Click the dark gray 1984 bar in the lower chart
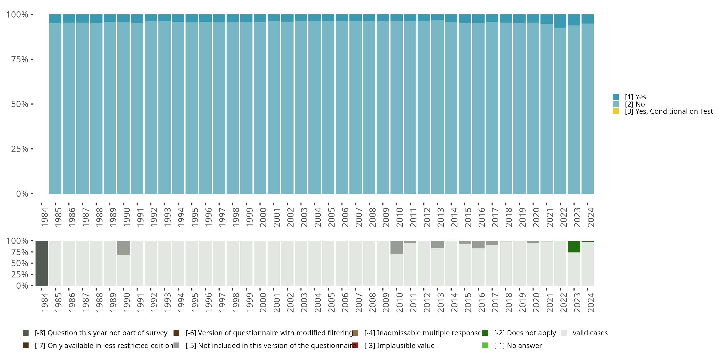click(x=42, y=263)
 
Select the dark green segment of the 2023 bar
click(x=574, y=246)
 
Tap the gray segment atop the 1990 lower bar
click(x=123, y=248)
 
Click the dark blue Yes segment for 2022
click(x=560, y=21)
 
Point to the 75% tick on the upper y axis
click(x=20, y=59)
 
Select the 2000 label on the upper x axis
click(x=263, y=217)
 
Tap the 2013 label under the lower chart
click(x=440, y=303)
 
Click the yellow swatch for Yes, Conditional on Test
click(x=616, y=111)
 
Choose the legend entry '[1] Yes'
click(x=635, y=97)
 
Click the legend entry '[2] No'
click(x=635, y=104)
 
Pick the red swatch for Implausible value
click(x=355, y=345)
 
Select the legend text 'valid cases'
click(x=590, y=333)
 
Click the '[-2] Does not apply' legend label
click(x=525, y=333)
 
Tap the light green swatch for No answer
click(x=485, y=345)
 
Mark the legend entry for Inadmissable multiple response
click(x=423, y=333)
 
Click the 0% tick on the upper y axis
click(x=22, y=194)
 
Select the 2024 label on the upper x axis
click(x=591, y=217)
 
